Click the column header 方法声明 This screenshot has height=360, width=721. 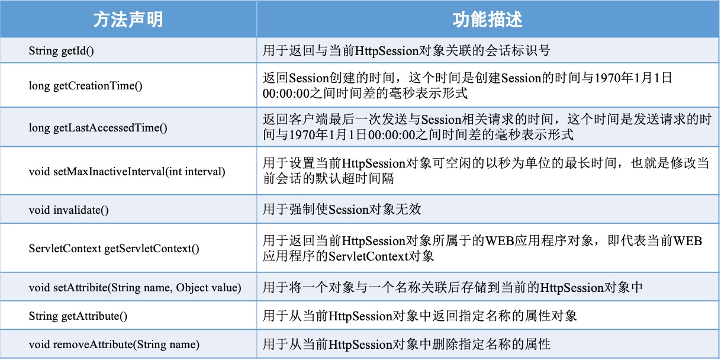click(x=128, y=20)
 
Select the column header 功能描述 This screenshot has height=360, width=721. click(x=487, y=20)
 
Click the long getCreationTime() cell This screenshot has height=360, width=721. click(x=86, y=85)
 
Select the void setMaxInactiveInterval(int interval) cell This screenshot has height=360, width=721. click(x=127, y=172)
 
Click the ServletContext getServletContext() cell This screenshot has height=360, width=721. click(x=114, y=249)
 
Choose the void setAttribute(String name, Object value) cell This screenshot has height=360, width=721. click(x=135, y=288)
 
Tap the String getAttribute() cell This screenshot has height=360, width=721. click(x=78, y=316)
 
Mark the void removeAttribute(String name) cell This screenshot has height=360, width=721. click(x=114, y=344)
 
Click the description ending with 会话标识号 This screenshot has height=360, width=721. click(x=407, y=51)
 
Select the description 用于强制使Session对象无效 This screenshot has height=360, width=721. click(x=342, y=210)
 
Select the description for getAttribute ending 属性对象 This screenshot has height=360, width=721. click(x=420, y=316)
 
